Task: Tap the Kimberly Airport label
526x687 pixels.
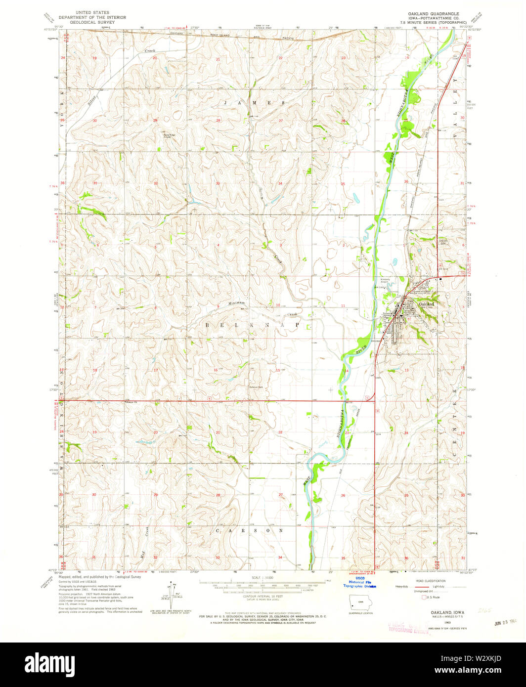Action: [x=385, y=281]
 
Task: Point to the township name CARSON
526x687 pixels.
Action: [x=250, y=530]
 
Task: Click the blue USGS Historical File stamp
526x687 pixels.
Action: [x=360, y=583]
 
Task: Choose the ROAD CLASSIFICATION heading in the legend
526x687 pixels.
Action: [x=432, y=581]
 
